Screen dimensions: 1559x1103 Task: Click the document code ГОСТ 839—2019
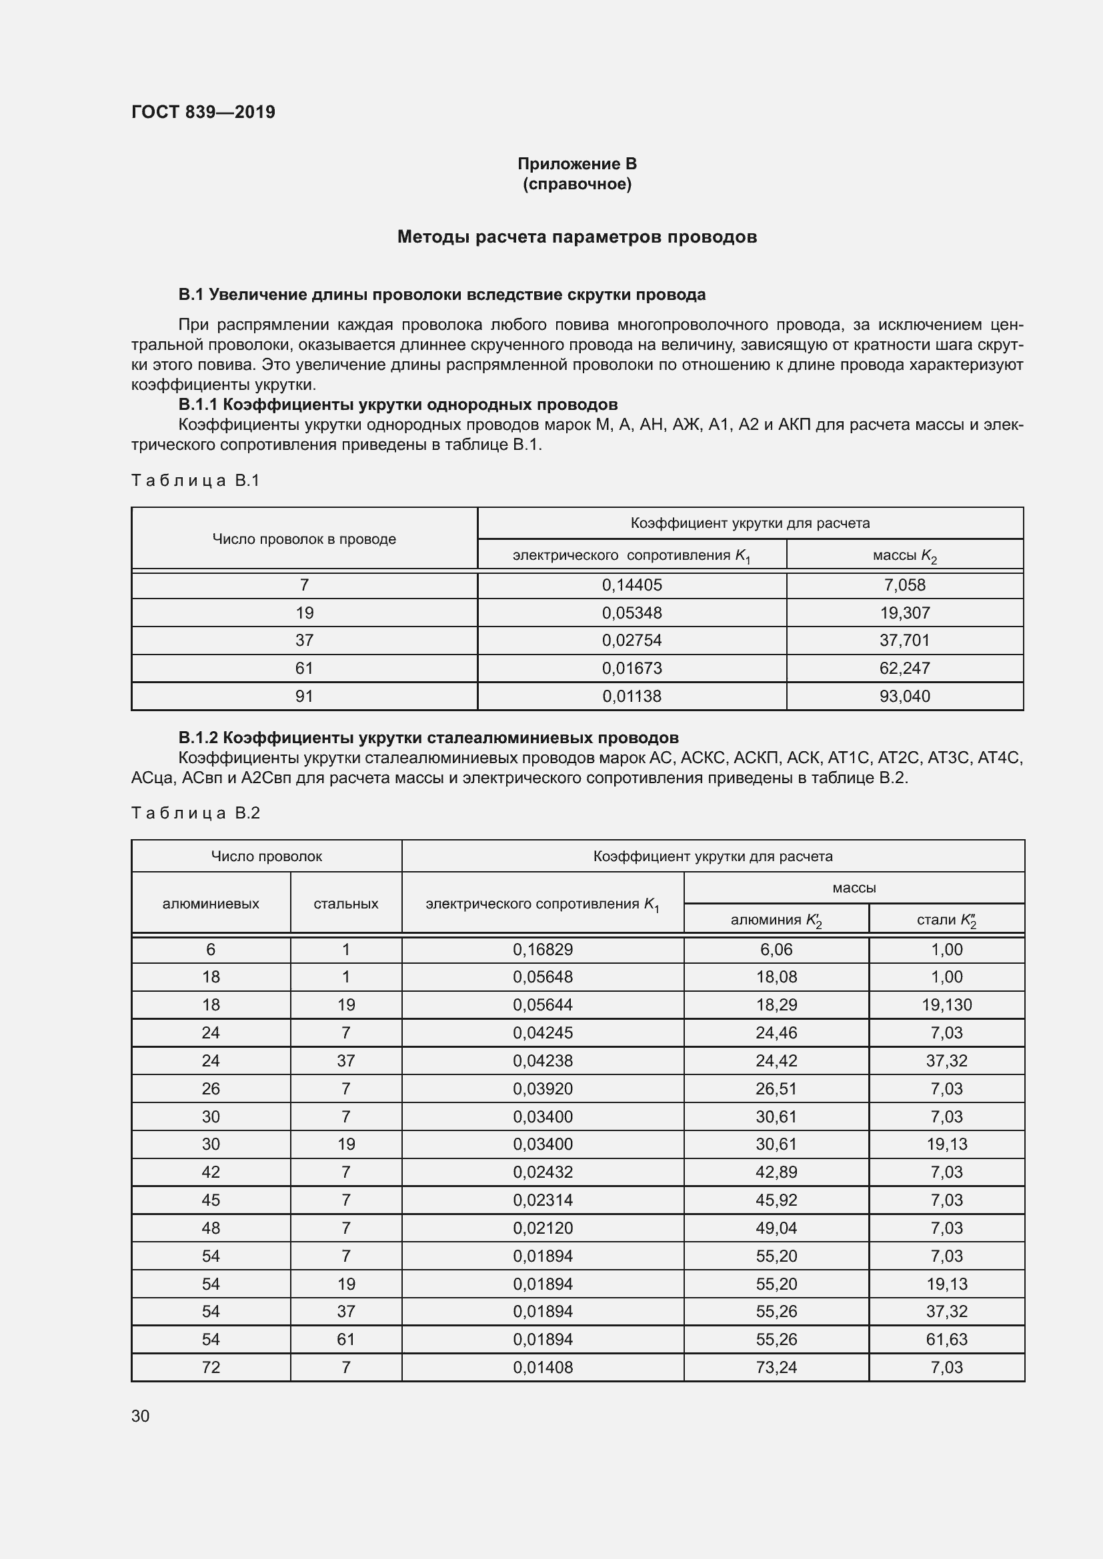[x=203, y=112]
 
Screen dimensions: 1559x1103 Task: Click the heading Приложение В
[x=577, y=164]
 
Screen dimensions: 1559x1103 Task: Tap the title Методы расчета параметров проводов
[x=577, y=237]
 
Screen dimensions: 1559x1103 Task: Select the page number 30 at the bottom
[x=140, y=1416]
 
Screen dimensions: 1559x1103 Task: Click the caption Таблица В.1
[x=195, y=481]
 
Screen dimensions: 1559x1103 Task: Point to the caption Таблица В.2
[x=195, y=813]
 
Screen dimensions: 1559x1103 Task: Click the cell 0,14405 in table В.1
[x=632, y=585]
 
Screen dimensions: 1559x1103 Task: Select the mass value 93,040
[x=905, y=696]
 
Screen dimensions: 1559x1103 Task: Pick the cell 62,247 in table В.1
[x=905, y=668]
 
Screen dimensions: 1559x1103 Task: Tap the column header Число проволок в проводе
[x=304, y=539]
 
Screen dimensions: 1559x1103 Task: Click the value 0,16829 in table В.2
[x=543, y=949]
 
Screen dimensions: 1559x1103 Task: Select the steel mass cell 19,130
[x=947, y=1005]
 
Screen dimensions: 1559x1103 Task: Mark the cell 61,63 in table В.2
[x=947, y=1339]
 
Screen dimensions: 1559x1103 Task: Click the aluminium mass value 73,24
[x=776, y=1367]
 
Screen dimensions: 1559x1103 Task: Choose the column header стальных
[x=345, y=904]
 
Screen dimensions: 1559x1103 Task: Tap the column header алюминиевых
[x=211, y=904]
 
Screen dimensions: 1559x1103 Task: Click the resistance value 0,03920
[x=543, y=1088]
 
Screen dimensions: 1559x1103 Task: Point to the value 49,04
[x=776, y=1228]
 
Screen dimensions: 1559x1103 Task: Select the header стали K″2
[x=947, y=920]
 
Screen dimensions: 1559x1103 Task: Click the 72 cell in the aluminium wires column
[x=211, y=1367]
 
